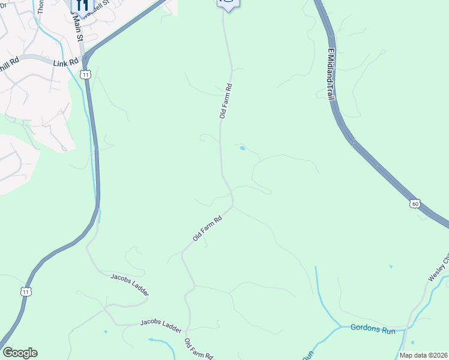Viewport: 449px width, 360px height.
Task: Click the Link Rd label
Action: coord(65,62)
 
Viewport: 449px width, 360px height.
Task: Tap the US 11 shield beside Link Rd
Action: coord(87,74)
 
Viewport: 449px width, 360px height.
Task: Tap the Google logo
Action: coord(20,353)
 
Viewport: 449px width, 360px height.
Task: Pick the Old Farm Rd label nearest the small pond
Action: coord(225,101)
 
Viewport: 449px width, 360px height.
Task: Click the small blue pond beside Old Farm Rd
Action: coord(242,148)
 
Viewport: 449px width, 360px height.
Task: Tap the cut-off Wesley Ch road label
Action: coord(438,269)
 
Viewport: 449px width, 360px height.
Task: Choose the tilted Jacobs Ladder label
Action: coord(129,284)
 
